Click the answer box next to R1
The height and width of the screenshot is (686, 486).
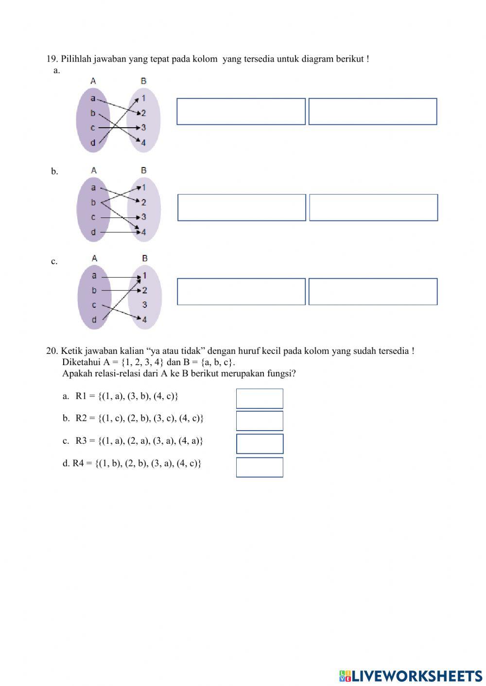coord(260,399)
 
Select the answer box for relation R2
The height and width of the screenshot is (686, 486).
coord(260,421)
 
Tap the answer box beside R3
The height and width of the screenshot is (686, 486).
coord(260,444)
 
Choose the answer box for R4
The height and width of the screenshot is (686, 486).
coord(260,467)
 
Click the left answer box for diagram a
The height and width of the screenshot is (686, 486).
coord(241,112)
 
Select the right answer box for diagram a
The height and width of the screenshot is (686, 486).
coord(373,112)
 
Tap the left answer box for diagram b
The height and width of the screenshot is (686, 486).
coord(242,207)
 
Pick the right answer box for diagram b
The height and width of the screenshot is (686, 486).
coord(373,207)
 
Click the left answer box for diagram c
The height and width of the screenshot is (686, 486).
coord(241,292)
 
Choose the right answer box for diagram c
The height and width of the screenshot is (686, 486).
coord(373,292)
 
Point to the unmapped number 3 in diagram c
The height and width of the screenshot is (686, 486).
coord(144,305)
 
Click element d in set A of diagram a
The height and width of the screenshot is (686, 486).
coord(93,143)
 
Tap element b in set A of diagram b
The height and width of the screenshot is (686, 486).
coord(93,202)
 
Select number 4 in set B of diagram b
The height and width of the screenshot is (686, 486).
coord(143,232)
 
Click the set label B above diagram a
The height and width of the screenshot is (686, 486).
coord(143,81)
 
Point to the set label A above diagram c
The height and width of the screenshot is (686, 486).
coord(94,258)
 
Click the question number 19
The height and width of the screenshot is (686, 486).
coord(52,59)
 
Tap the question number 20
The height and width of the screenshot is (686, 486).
coord(52,351)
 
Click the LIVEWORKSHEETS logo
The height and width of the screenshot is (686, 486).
coord(411,676)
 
